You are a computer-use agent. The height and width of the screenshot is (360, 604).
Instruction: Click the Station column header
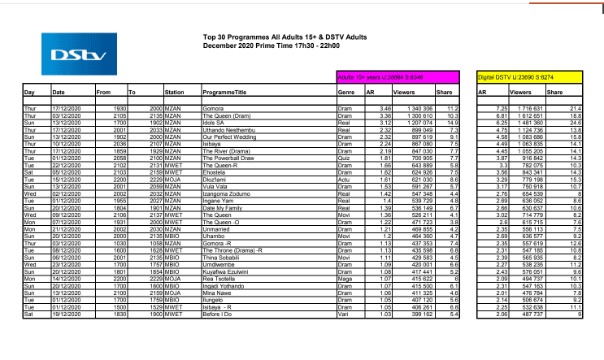click(x=175, y=93)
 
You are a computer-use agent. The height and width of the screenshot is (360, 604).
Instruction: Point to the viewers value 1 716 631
click(x=532, y=108)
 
